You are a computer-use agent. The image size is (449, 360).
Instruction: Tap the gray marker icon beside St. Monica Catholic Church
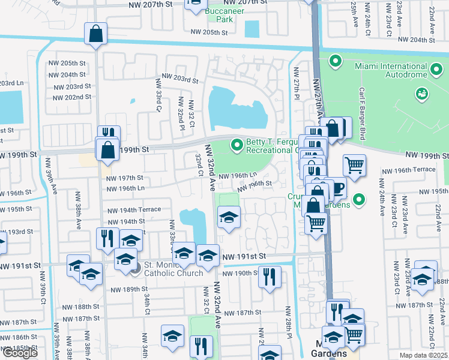click(136, 268)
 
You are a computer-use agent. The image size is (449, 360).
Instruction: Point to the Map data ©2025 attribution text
click(423, 355)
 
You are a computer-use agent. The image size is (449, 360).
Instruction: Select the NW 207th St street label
click(154, 4)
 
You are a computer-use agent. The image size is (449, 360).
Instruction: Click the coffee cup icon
click(338, 188)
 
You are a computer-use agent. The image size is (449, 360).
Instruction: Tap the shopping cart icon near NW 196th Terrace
click(354, 164)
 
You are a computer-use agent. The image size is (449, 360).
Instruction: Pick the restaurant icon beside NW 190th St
click(269, 277)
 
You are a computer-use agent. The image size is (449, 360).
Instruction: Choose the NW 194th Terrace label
click(134, 210)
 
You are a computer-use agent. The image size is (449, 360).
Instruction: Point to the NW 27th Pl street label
click(296, 79)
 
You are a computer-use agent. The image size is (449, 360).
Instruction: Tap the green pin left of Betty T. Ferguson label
click(237, 145)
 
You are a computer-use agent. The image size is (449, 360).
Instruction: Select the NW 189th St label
click(129, 289)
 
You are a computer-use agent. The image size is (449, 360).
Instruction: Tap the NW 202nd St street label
click(72, 97)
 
